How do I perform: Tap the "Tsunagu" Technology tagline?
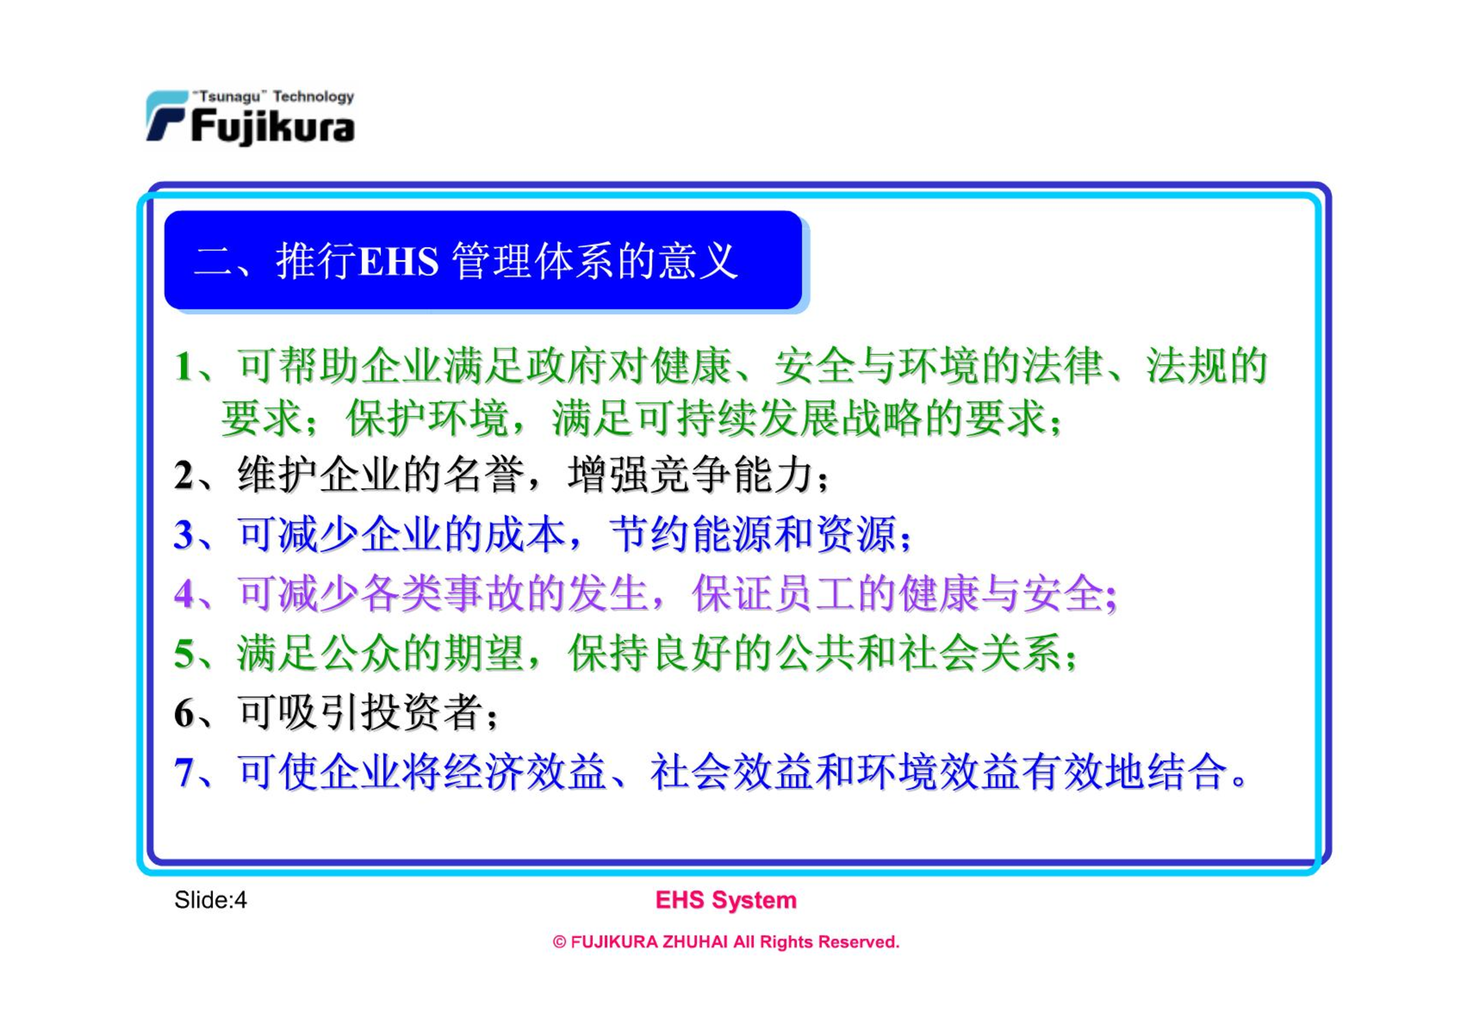[x=273, y=97]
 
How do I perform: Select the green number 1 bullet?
[x=184, y=367]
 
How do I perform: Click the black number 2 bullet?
[x=184, y=475]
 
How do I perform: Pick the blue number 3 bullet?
[x=184, y=535]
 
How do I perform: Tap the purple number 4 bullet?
[x=184, y=594]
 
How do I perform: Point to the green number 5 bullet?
[x=184, y=653]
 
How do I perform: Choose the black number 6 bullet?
[x=184, y=713]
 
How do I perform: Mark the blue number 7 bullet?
[x=184, y=772]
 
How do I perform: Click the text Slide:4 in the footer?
[x=210, y=900]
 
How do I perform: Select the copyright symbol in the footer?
[x=559, y=943]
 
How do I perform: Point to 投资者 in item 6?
[x=422, y=712]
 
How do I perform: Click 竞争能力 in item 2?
[x=690, y=475]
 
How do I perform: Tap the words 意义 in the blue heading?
[x=698, y=261]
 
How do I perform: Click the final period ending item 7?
[x=1238, y=780]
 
